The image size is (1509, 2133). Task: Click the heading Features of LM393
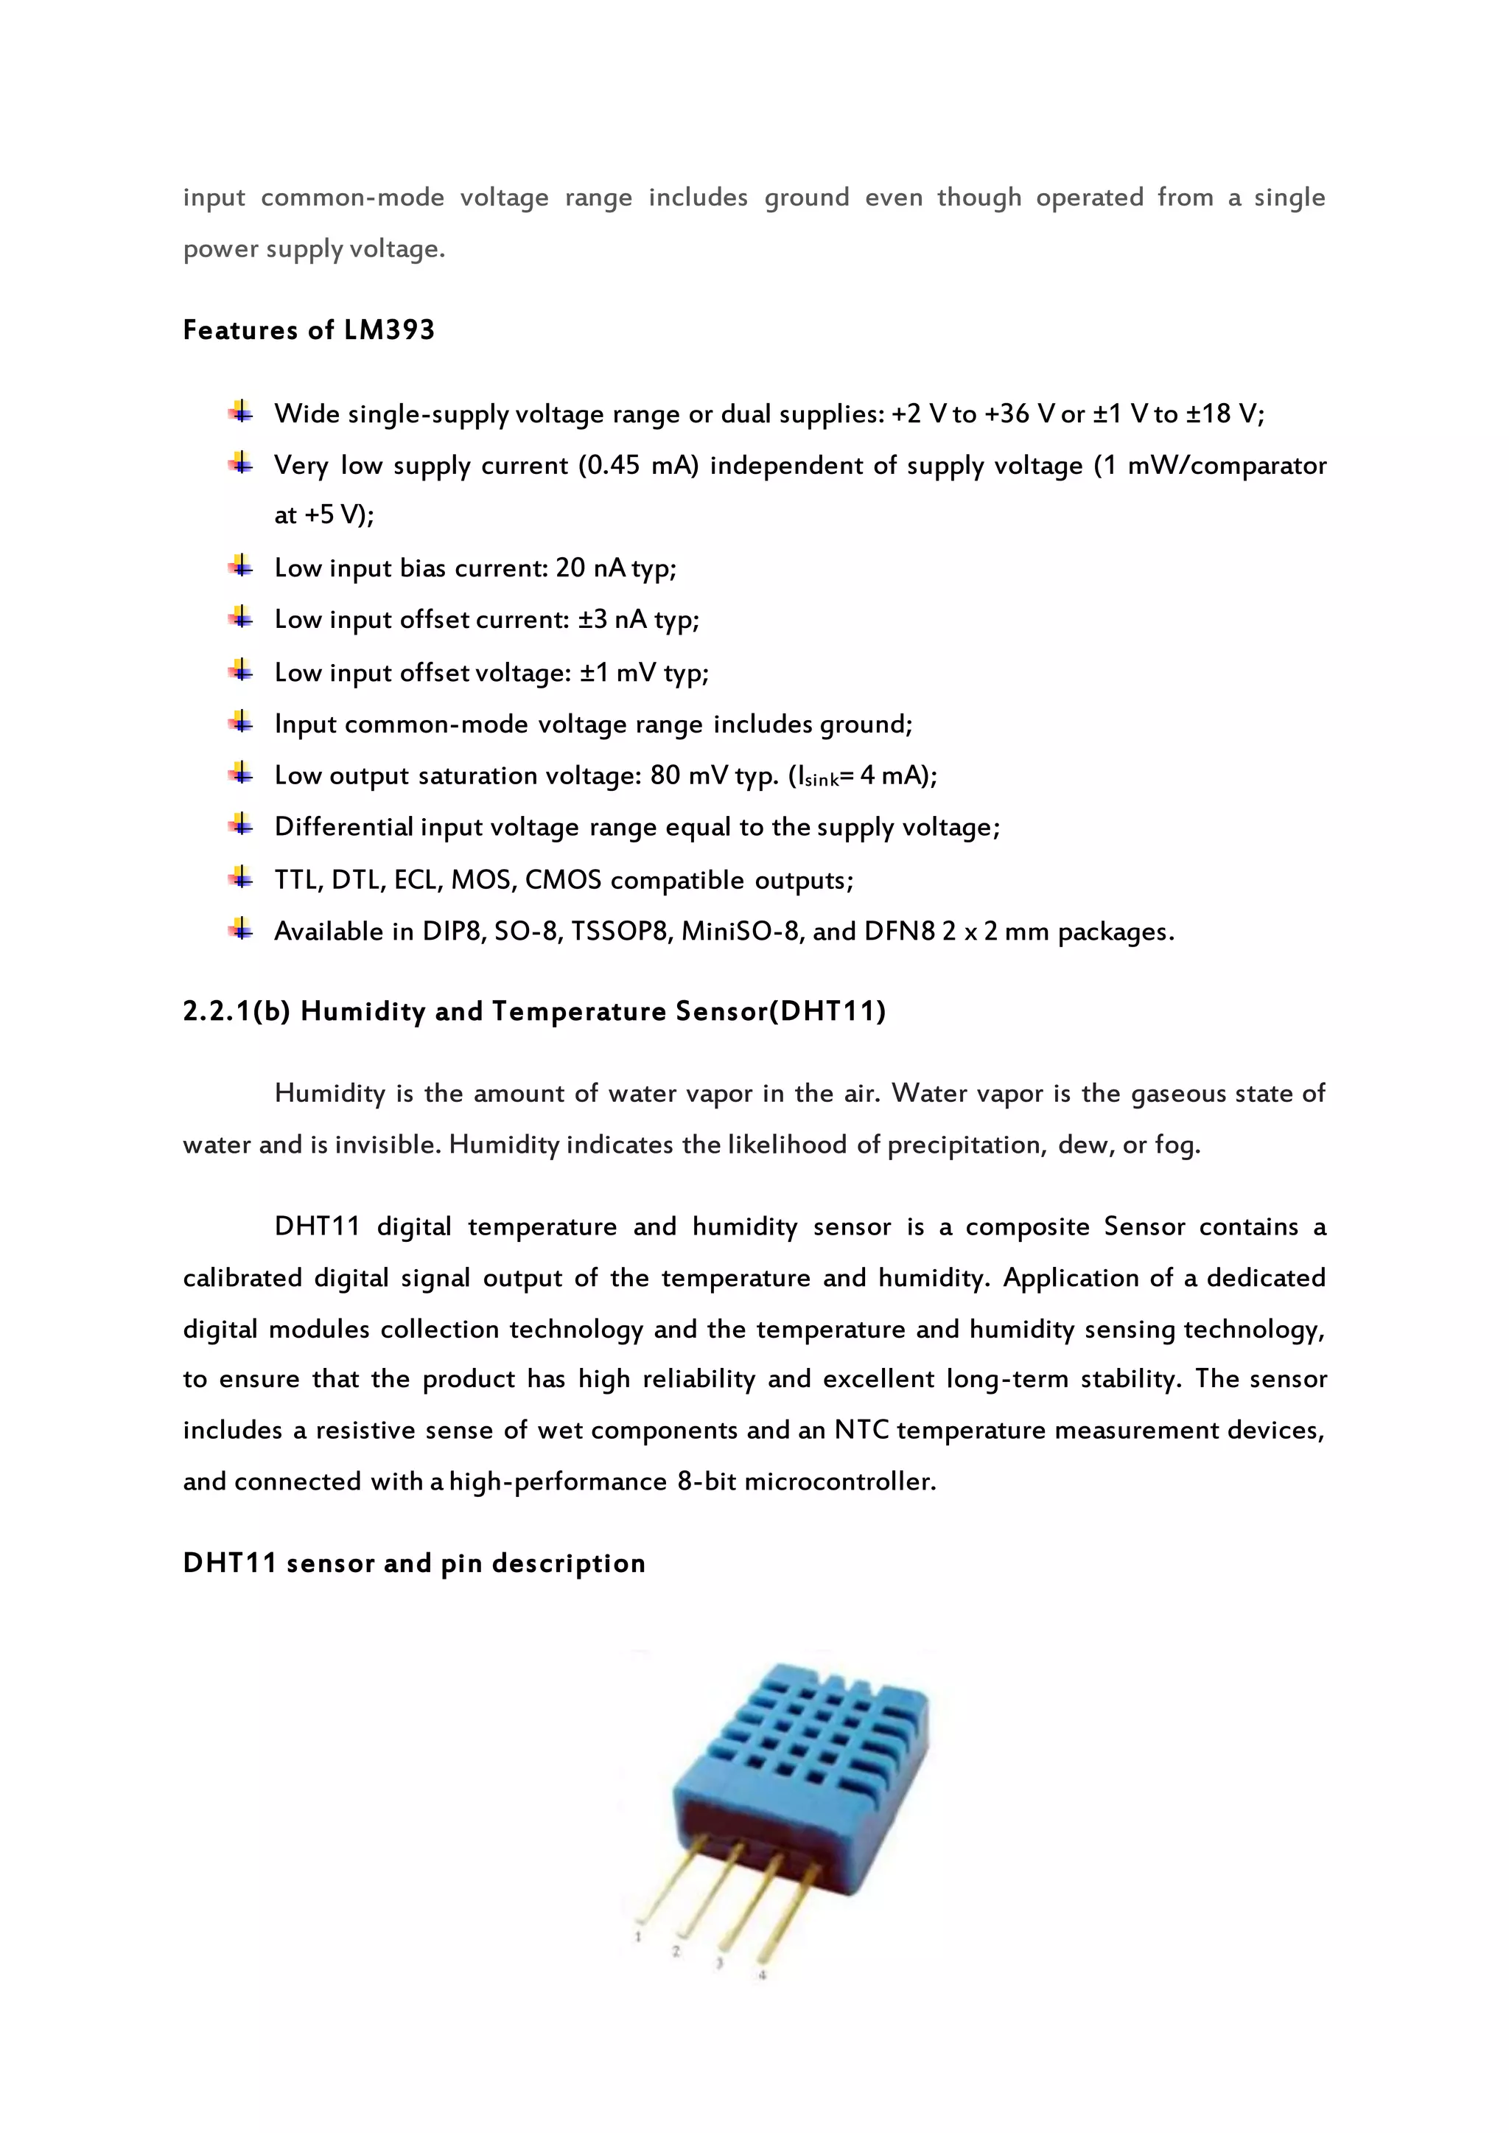click(x=309, y=330)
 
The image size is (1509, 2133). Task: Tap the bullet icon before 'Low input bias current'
click(x=241, y=566)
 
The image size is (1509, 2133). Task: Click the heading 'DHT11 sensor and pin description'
click(x=413, y=1563)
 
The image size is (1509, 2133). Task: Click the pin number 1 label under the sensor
click(x=638, y=1937)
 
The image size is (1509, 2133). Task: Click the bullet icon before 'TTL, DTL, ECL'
click(x=241, y=877)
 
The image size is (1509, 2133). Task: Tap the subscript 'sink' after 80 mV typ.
click(x=822, y=781)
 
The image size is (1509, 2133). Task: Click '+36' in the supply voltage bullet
click(x=1006, y=413)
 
